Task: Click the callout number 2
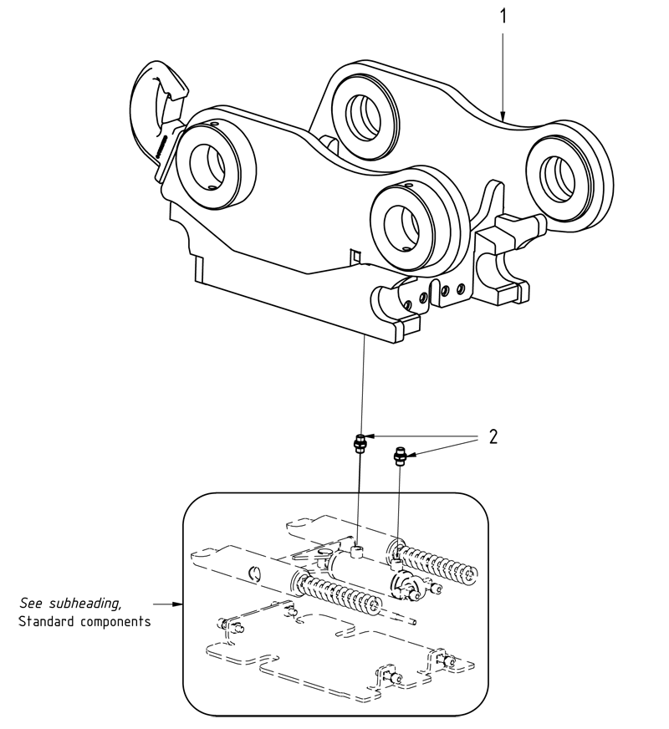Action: pyautogui.click(x=493, y=436)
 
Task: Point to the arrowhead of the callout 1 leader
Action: pyautogui.click(x=503, y=117)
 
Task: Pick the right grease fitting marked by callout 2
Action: pyautogui.click(x=401, y=456)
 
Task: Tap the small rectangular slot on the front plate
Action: pyautogui.click(x=355, y=253)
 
